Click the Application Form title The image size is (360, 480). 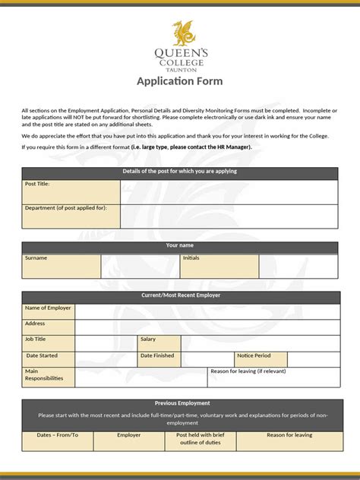tap(180, 83)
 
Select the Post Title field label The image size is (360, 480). tap(38, 184)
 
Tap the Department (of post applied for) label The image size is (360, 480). tap(66, 207)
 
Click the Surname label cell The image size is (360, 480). tap(36, 258)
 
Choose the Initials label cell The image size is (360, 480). tap(191, 258)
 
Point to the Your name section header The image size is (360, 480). tap(180, 246)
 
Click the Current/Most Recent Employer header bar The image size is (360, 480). tap(180, 295)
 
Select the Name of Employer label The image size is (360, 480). tap(48, 308)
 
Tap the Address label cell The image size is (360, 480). tap(36, 324)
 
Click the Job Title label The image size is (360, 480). tap(36, 339)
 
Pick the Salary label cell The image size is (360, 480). tap(148, 339)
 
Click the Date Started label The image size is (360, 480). tap(43, 355)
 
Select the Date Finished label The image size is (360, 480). tap(157, 355)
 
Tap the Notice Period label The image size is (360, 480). tap(254, 355)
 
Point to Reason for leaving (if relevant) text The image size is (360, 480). tap(248, 371)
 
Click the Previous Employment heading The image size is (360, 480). tap(182, 403)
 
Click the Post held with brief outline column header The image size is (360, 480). tap(201, 439)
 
